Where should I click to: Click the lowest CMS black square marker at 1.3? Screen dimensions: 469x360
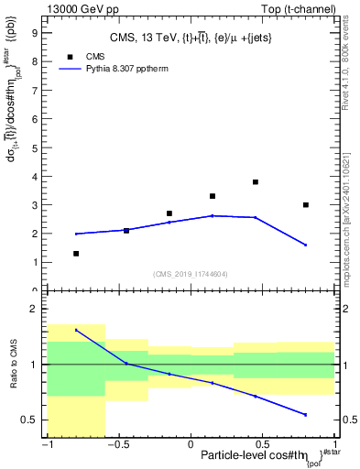click(x=76, y=254)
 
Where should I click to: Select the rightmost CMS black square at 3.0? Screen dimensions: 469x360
click(x=306, y=204)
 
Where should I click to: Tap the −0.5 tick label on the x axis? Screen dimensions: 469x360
click(x=116, y=443)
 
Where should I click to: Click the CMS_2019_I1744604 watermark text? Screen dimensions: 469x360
click(x=190, y=274)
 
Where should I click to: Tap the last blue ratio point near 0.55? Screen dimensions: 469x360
click(x=306, y=415)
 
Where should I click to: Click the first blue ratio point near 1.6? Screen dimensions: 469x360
click(x=76, y=330)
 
